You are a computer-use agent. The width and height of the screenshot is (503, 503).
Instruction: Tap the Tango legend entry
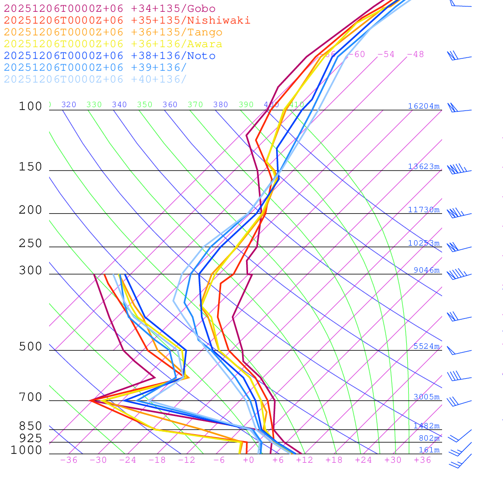click(113, 32)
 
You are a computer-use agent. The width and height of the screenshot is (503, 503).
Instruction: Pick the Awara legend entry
click(113, 44)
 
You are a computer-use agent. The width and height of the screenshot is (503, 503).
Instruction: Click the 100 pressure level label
click(30, 106)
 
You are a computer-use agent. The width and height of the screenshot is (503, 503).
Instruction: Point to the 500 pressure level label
click(30, 347)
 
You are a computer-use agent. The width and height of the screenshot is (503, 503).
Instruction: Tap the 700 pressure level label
click(30, 397)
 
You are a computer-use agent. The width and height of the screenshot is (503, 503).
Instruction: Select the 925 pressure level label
click(30, 438)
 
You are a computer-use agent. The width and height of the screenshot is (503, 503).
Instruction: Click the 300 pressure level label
click(30, 271)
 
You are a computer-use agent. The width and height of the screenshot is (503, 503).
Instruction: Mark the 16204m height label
click(423, 106)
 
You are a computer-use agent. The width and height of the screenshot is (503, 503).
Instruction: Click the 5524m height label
click(426, 346)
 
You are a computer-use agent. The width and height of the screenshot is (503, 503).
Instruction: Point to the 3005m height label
click(426, 397)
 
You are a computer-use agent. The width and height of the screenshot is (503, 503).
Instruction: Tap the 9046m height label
click(426, 270)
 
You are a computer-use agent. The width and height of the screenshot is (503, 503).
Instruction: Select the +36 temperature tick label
click(422, 460)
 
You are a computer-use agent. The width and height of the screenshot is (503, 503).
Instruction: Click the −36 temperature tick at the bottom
click(68, 460)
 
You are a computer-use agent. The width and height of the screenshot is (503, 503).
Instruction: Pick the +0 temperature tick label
click(248, 460)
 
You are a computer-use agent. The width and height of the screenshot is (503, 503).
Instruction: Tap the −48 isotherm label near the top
click(415, 55)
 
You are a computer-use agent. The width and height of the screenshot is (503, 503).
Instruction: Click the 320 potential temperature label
click(69, 105)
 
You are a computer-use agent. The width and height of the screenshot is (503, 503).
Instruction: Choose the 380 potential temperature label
click(221, 105)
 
